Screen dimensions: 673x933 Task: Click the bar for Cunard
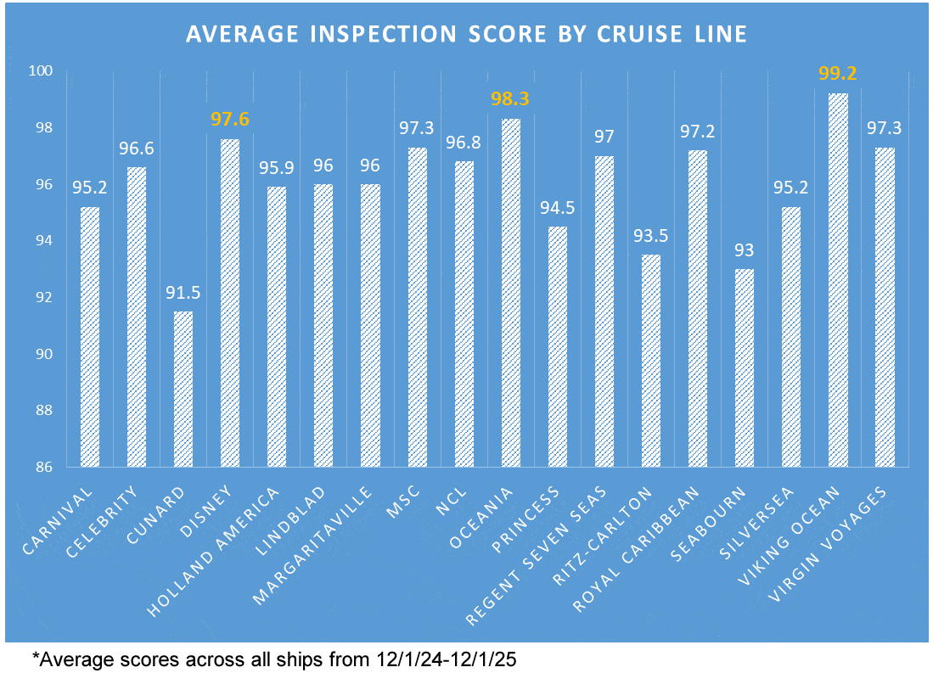pyautogui.click(x=183, y=389)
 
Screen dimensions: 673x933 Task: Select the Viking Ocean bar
pyautogui.click(x=838, y=280)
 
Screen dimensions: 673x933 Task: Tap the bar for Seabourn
pyautogui.click(x=744, y=367)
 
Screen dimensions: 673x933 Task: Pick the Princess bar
pyautogui.click(x=557, y=346)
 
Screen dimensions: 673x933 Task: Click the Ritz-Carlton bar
pyautogui.click(x=650, y=361)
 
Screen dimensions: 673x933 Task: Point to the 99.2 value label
pyautogui.click(x=838, y=74)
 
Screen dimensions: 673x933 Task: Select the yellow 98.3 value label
pyautogui.click(x=510, y=99)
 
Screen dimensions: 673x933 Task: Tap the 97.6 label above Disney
pyautogui.click(x=229, y=120)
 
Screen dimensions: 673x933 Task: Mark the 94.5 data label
pyautogui.click(x=557, y=207)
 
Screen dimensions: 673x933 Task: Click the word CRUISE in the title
pyautogui.click(x=615, y=35)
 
